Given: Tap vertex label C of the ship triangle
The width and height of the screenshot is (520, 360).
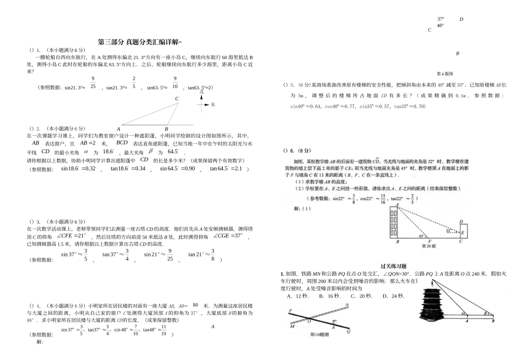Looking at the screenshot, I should point(177,99).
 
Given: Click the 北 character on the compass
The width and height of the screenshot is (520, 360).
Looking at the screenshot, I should point(202,92).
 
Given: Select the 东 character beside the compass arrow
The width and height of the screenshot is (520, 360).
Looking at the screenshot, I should point(213,104).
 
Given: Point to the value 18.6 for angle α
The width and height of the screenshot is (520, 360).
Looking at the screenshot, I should point(108,152).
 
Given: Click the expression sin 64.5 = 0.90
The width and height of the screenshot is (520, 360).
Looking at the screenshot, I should point(177,169).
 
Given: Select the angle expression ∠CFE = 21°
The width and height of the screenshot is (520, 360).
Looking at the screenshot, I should point(72,236).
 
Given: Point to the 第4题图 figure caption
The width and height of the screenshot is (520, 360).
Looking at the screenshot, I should point(444,73).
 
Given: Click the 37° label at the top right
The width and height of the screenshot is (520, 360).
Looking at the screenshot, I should point(440,19).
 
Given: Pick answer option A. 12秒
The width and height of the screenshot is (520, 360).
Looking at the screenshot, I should point(298,295).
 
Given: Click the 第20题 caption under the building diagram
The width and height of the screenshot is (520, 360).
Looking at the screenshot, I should point(427,246).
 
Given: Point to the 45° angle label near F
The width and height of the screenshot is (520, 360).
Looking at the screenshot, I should point(420,237).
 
